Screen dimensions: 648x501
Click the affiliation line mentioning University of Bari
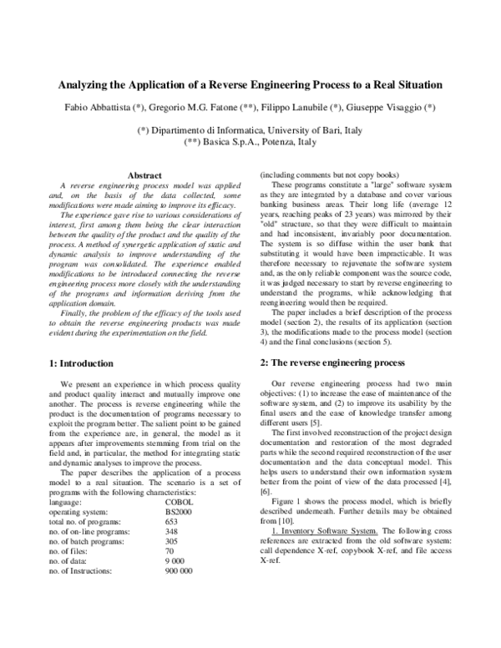(250, 131)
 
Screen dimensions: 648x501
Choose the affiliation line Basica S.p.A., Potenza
(250, 143)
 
